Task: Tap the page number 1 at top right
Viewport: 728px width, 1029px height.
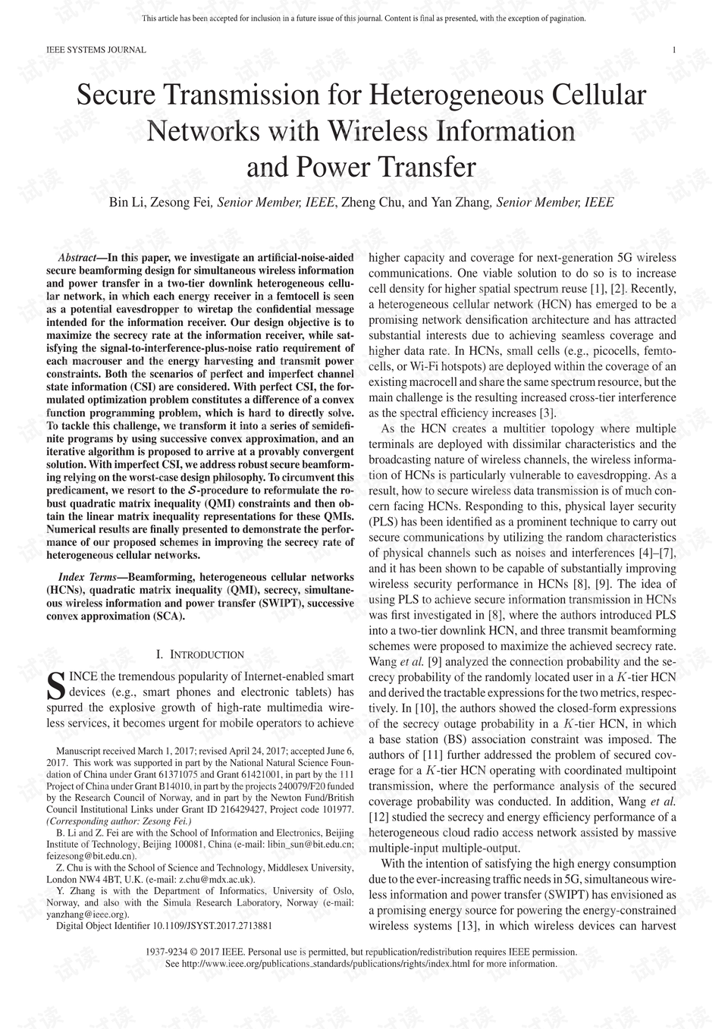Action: (x=674, y=50)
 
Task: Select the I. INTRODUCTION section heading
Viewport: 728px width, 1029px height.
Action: (x=199, y=654)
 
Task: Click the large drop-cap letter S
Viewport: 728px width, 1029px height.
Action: (x=55, y=686)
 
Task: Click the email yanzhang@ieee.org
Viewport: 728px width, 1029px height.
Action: (x=86, y=914)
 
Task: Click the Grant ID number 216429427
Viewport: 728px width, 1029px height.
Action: (x=236, y=809)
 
